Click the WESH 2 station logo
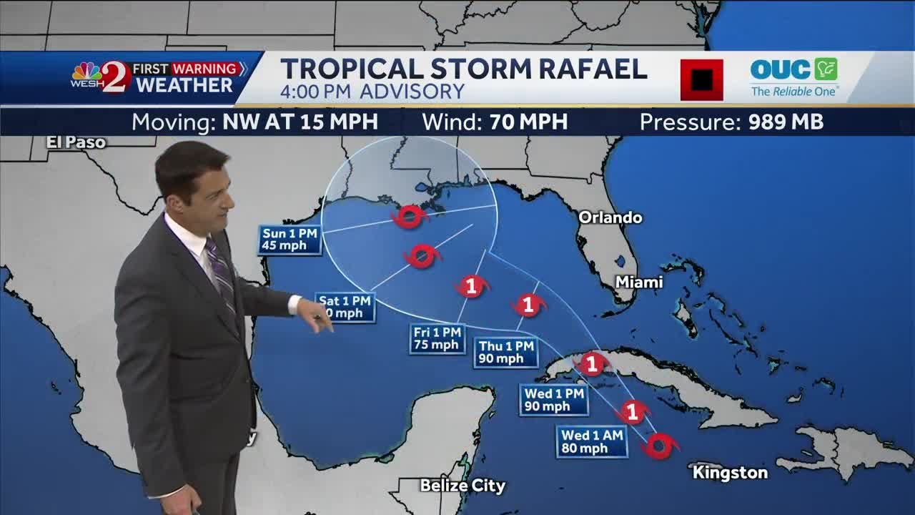point(101,77)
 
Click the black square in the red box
point(701,79)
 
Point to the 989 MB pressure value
point(786,122)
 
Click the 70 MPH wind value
point(528,122)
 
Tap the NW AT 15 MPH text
point(300,122)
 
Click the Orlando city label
point(610,217)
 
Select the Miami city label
point(639,283)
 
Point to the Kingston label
point(730,473)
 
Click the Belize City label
point(463,486)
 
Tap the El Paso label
point(76,142)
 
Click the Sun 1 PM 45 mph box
point(290,240)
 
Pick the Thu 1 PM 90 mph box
point(506,353)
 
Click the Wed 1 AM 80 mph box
point(592,442)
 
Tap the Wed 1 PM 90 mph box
point(554,400)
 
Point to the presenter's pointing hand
point(317,313)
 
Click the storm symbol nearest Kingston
point(659,445)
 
